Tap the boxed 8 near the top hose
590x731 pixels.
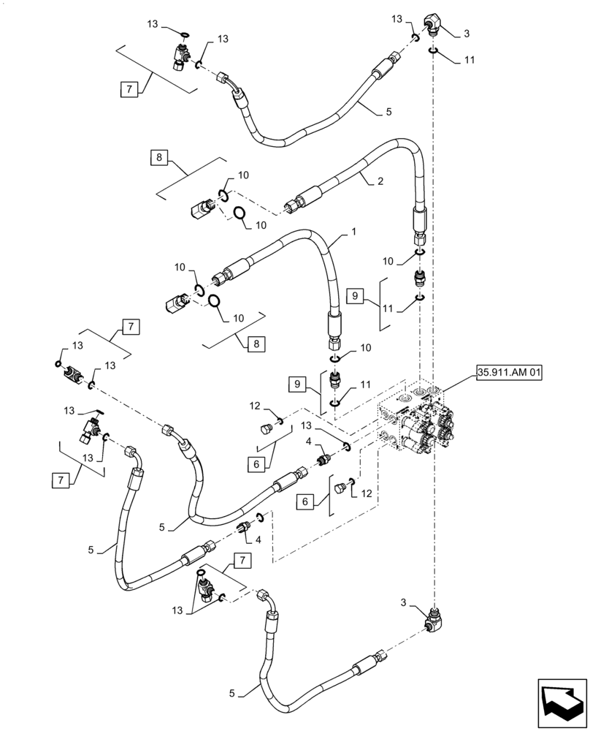[x=160, y=156]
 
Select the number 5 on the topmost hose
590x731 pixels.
[x=389, y=112]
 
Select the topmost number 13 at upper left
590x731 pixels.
[x=153, y=24]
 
